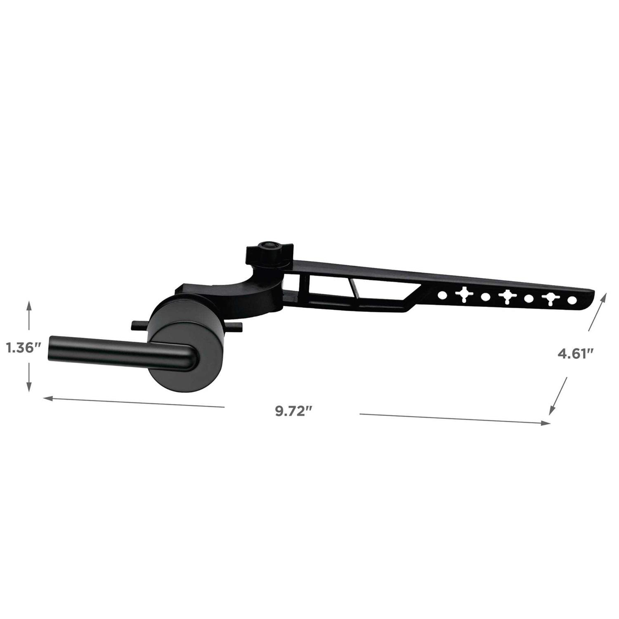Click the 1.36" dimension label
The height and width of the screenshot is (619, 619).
pyautogui.click(x=23, y=348)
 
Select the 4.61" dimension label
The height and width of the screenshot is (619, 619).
pyautogui.click(x=576, y=354)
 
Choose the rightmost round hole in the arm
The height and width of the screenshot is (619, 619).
pyautogui.click(x=572, y=300)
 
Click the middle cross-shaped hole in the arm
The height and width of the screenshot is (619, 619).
pyautogui.click(x=507, y=296)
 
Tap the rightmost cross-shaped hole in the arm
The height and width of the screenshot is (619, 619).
pyautogui.click(x=550, y=299)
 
